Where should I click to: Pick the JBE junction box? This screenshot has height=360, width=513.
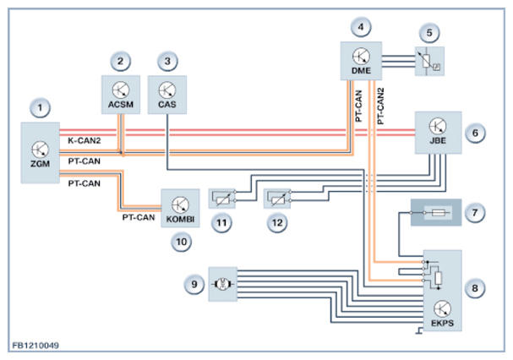[436, 133]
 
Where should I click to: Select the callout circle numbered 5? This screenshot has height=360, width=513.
[433, 35]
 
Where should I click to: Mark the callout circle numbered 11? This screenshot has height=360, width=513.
[221, 224]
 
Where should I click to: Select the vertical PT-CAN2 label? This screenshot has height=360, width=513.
[381, 106]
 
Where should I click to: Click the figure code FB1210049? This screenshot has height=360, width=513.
[35, 346]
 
